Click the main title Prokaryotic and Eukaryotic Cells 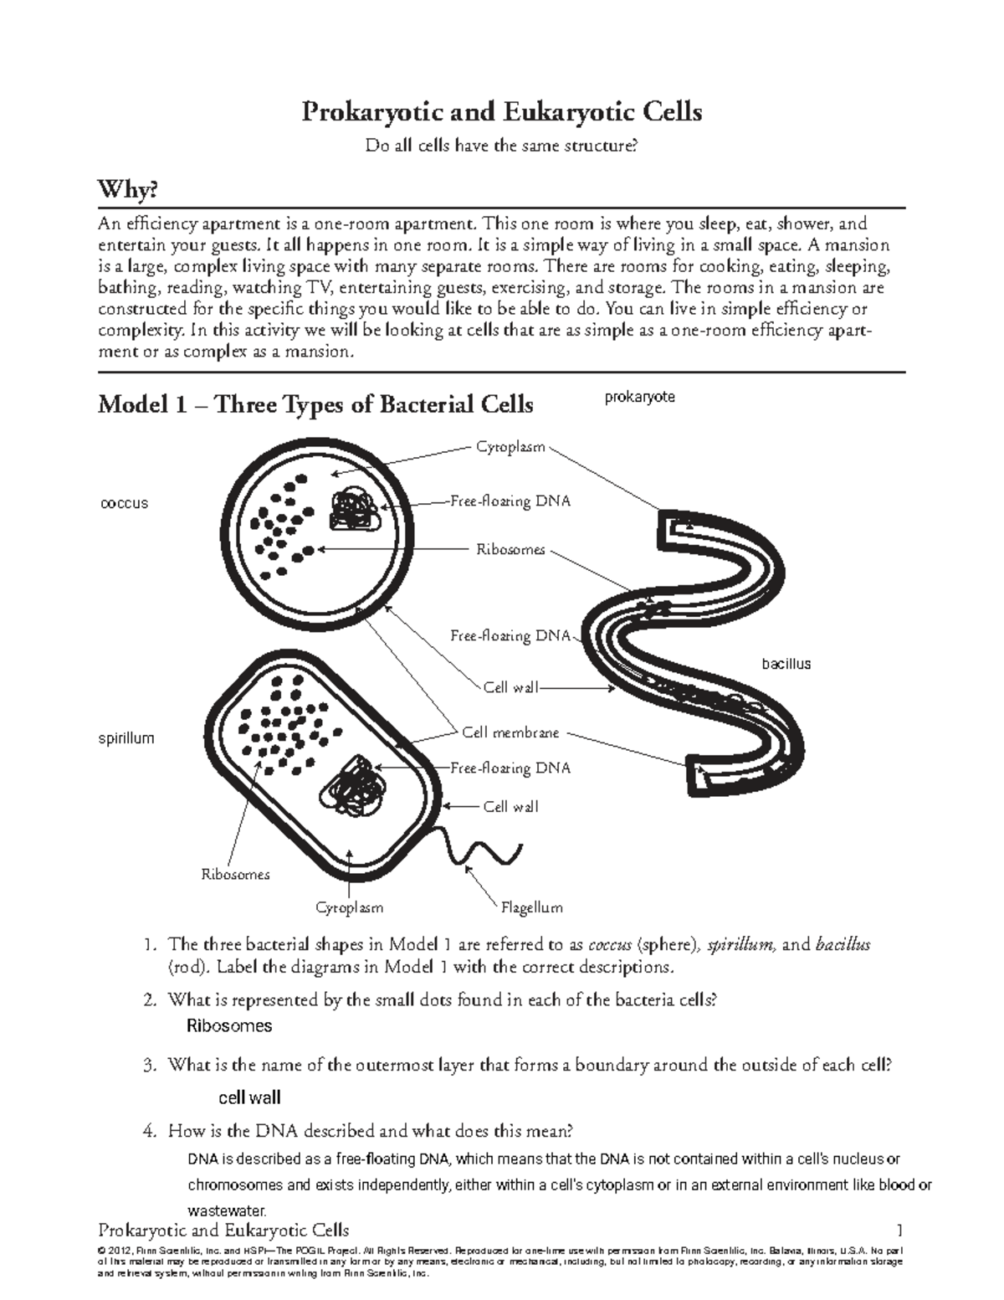pyautogui.click(x=501, y=111)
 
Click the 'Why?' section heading pyautogui.click(x=127, y=191)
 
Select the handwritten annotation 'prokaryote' pyautogui.click(x=639, y=397)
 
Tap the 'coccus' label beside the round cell pyautogui.click(x=124, y=503)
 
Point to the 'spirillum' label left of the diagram pyautogui.click(x=126, y=738)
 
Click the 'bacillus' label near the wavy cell pyautogui.click(x=786, y=664)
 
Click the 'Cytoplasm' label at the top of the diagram pyautogui.click(x=510, y=447)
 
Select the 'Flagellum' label pyautogui.click(x=531, y=907)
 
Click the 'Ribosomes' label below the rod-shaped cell pyautogui.click(x=235, y=875)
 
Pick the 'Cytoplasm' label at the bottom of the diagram pyautogui.click(x=349, y=907)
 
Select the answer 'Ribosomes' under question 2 pyautogui.click(x=228, y=1025)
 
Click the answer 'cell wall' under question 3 pyautogui.click(x=249, y=1097)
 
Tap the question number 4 pyautogui.click(x=150, y=1132)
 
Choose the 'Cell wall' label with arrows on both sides pyautogui.click(x=510, y=688)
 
